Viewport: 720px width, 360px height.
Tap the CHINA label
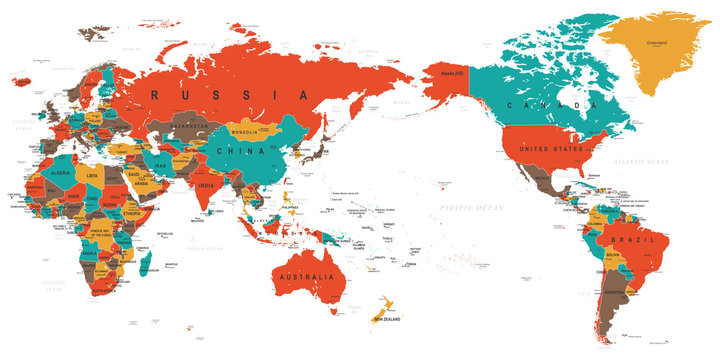246,151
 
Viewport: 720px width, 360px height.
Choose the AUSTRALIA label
305,275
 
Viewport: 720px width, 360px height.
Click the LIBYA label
93,175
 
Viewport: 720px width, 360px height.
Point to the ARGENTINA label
612,293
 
